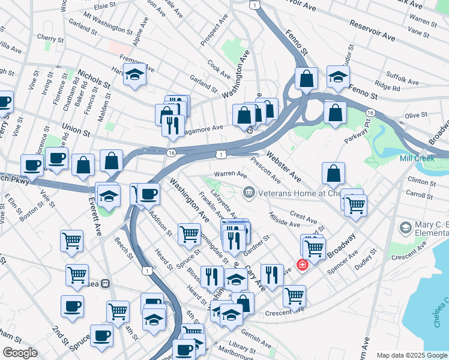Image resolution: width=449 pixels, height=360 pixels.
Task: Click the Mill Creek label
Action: (417, 158)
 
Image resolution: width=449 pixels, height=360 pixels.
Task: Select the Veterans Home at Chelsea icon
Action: (248, 193)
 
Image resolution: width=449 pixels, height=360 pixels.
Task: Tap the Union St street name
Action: (76, 129)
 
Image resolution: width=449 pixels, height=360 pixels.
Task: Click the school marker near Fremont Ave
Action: (136, 76)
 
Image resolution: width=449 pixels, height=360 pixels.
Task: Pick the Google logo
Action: (20, 353)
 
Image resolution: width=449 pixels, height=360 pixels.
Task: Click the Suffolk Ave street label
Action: (403, 77)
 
